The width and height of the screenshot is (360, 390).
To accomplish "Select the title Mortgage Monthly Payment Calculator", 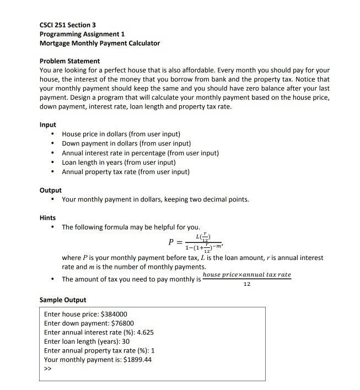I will (100, 43).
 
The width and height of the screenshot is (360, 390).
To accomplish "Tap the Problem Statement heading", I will (69, 61).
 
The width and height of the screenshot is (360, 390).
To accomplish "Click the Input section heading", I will (48, 125).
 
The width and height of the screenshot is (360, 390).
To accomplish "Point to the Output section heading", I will (51, 190).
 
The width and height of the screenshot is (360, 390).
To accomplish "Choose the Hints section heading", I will (48, 218).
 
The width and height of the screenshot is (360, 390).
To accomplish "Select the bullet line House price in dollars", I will (121, 134).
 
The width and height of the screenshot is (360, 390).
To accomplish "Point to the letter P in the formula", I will (172, 243).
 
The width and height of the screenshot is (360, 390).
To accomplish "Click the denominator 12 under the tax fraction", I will (246, 285).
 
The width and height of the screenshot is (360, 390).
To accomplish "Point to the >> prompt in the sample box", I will (47, 369).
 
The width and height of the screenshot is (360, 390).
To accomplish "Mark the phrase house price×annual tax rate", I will (246, 275).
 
